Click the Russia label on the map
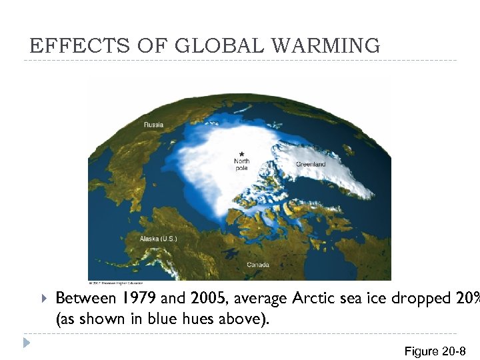pyautogui.click(x=154, y=124)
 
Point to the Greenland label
pyautogui.click(x=311, y=164)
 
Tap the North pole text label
pyautogui.click(x=242, y=164)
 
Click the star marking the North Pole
pyautogui.click(x=241, y=154)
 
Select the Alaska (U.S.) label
pyautogui.click(x=158, y=239)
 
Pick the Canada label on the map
pyautogui.click(x=258, y=265)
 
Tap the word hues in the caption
pyautogui.click(x=190, y=319)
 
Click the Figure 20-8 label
pyautogui.click(x=435, y=351)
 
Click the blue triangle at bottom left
pyautogui.click(x=27, y=343)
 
